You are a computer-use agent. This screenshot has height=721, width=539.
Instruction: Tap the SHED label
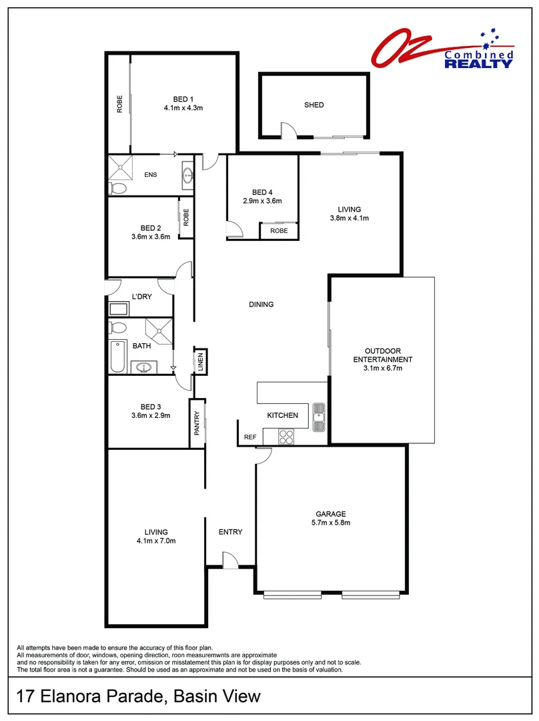coord(314,105)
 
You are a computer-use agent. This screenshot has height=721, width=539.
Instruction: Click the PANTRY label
coord(197,423)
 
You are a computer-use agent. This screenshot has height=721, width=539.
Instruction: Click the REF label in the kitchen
coord(250,437)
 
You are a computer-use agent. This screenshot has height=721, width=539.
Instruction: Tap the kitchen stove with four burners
coord(286,437)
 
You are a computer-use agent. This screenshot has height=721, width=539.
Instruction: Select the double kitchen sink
coord(318,416)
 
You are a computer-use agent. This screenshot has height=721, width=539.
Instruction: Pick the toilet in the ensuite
coord(118,188)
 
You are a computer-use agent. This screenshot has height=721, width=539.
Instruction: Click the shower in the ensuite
coord(120,166)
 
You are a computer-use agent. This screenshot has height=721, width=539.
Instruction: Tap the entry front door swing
coord(228,561)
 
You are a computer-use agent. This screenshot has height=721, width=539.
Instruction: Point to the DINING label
coord(261,304)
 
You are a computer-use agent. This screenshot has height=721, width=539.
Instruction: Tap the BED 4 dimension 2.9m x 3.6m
coord(262,200)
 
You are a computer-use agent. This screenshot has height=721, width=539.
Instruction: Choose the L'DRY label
coord(141,296)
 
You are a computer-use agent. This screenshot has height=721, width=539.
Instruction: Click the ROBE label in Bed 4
coord(279,230)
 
